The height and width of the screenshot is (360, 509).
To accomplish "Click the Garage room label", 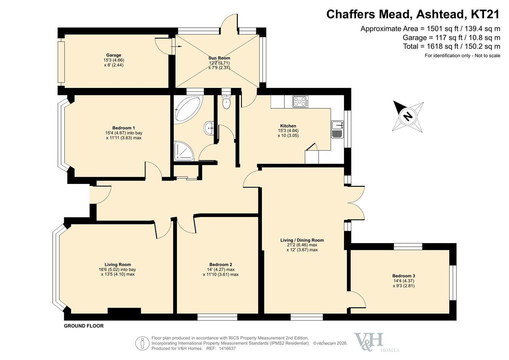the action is point(114,55).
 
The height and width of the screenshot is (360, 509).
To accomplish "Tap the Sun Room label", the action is point(219,58).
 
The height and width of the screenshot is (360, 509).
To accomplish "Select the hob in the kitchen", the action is point(301,102).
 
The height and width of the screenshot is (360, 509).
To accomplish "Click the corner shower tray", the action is point(184,151).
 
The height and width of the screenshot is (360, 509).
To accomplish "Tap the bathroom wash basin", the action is point(209,128).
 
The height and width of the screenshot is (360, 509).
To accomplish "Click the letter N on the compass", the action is point(408,117).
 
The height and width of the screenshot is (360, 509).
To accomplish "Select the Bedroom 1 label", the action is point(124,128).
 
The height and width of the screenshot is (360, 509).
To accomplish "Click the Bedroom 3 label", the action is point(404,276).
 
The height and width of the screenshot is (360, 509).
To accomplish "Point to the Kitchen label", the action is point(288,126).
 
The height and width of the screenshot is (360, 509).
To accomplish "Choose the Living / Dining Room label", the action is point(302,240).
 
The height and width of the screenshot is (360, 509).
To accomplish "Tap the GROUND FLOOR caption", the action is point(84,326).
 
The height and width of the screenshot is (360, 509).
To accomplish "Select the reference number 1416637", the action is point(227,348).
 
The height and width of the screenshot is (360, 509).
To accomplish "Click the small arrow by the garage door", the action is point(177,46).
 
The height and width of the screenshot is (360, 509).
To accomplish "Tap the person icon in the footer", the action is point(142,343).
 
